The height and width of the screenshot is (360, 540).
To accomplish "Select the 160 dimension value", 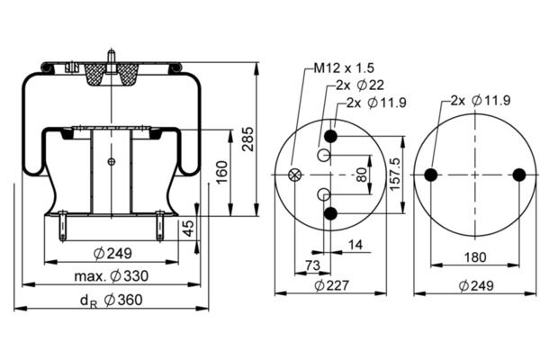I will tap(220, 171).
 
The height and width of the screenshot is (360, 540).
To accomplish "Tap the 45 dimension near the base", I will tap(188, 229).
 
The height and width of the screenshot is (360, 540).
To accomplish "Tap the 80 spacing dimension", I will tap(362, 175).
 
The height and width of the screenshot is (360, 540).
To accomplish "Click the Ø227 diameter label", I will tap(329, 285).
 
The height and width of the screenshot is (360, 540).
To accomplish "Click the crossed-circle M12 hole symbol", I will tap(294, 175).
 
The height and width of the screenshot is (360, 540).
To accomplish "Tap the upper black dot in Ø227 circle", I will tap(331, 136).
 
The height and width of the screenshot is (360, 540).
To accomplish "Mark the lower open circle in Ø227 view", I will tap(324, 193).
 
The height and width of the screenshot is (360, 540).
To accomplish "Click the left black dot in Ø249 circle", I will tap(430, 175).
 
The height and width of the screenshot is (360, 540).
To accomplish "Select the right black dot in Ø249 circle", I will tap(518, 175).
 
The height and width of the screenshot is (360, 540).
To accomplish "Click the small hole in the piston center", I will tap(112, 162).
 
